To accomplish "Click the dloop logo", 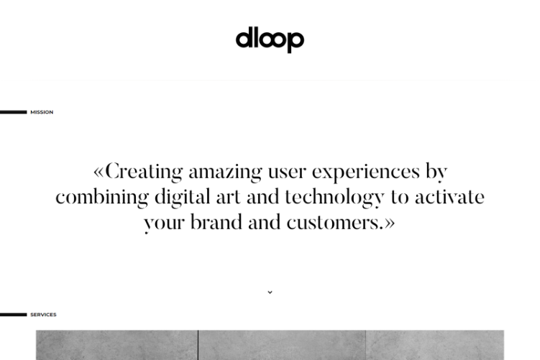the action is point(270,40).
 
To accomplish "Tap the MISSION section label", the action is point(42,112).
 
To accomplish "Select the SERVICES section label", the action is point(43,315).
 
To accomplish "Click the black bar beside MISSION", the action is point(13,112).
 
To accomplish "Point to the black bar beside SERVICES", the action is point(13,315).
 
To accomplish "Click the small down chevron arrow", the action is point(270,292).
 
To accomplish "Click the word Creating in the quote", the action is point(144,172).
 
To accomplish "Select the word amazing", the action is point(225,172).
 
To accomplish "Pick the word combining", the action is point(102,198).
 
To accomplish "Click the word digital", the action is point(182,198).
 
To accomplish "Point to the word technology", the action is point(334,198).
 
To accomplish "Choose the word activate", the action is point(450,197).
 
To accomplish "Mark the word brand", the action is point(216,222).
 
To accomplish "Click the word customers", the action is point(335,223).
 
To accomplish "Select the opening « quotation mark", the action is point(99,172).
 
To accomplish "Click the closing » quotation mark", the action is point(390,223).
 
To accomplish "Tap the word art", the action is point(229,198).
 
